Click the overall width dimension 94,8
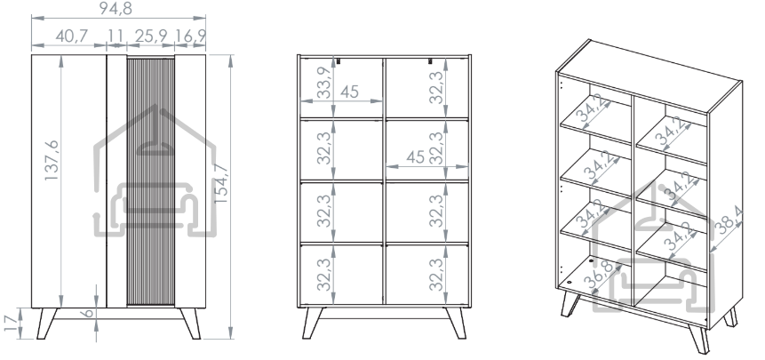pyautogui.click(x=116, y=8)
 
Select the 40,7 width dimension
pyautogui.click(x=71, y=36)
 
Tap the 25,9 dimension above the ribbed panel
pyautogui.click(x=151, y=36)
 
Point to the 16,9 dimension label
pyautogui.click(x=190, y=36)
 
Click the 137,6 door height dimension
pyautogui.click(x=52, y=161)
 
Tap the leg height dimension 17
pyautogui.click(x=12, y=323)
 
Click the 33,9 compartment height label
pyautogui.click(x=323, y=83)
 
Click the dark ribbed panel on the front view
pyautogui.click(x=151, y=181)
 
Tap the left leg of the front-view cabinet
pyautogui.click(x=46, y=323)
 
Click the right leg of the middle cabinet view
pyautogui.click(x=456, y=323)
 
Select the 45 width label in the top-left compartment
pyautogui.click(x=349, y=92)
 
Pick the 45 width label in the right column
pyautogui.click(x=415, y=157)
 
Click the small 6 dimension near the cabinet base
pyautogui.click(x=88, y=313)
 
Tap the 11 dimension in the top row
pyautogui.click(x=116, y=36)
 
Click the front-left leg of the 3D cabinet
pyautogui.click(x=570, y=304)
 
